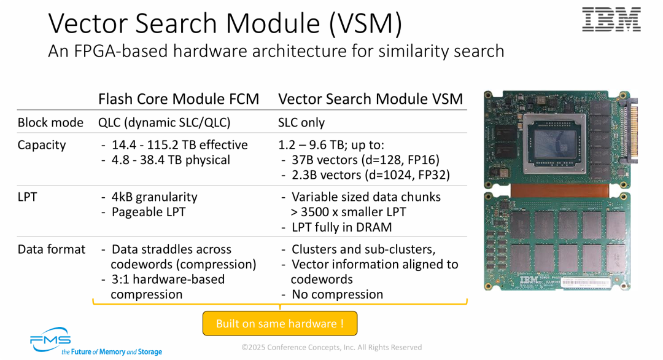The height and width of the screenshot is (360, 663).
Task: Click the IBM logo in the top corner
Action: [611, 20]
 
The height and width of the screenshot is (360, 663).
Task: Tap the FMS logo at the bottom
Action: [51, 340]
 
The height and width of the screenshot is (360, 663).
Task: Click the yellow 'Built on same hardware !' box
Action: [279, 323]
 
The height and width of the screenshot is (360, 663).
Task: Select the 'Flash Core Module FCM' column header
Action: [179, 99]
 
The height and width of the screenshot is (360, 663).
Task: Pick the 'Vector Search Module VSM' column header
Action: [370, 99]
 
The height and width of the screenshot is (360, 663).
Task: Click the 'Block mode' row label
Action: [50, 122]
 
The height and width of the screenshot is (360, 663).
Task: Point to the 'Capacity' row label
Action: [42, 145]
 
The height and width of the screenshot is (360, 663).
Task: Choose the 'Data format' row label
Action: [52, 249]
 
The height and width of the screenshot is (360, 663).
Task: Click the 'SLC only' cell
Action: [301, 122]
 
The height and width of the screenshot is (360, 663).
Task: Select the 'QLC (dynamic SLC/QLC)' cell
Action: [165, 122]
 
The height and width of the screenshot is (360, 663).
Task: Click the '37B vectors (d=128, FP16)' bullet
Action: [365, 160]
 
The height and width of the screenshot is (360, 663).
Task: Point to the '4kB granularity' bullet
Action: [154, 197]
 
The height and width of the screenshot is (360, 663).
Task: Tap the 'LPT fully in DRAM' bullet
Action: [341, 227]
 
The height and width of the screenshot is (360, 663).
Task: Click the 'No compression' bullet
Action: [337, 294]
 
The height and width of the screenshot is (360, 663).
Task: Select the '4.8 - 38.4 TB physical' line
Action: [171, 160]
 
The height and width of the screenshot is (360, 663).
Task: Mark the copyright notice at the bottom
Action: [331, 347]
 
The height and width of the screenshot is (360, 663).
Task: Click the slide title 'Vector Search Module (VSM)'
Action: [225, 23]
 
